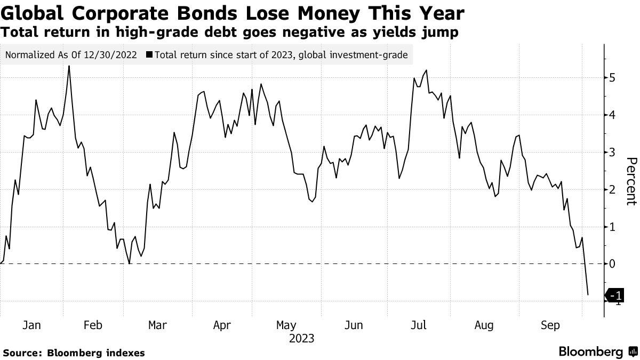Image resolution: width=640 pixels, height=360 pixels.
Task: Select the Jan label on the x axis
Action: (x=31, y=325)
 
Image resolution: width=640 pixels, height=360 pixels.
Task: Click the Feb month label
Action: (x=93, y=325)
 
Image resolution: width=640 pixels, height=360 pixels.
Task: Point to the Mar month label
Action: (x=157, y=325)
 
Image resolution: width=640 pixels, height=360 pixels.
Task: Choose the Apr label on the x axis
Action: (x=222, y=325)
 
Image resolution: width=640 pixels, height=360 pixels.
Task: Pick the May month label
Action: (x=286, y=325)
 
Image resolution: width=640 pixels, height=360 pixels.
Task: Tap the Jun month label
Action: (x=354, y=325)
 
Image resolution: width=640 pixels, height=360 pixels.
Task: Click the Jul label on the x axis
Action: (x=419, y=325)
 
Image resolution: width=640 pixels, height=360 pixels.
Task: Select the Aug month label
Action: (x=484, y=325)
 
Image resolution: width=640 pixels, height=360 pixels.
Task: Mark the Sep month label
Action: (x=549, y=325)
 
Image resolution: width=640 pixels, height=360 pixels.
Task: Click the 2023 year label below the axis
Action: (x=301, y=339)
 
